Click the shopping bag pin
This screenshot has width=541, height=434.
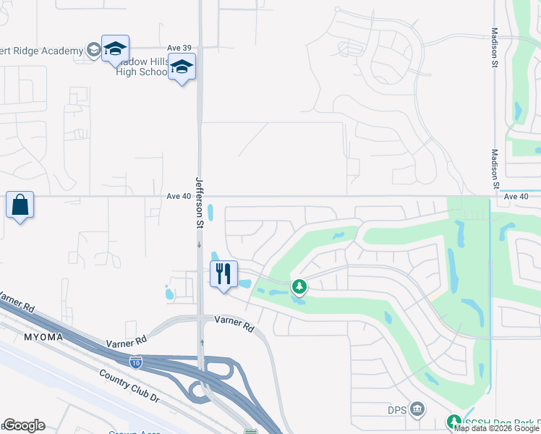pos(20,206)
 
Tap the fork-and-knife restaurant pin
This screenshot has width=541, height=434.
pos(223,274)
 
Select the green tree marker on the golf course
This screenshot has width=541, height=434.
pos(299,287)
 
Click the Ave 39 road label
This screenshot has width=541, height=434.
pos(179,48)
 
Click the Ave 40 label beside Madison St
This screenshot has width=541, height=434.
pos(516,196)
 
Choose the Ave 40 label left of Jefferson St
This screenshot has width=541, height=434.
pos(178,196)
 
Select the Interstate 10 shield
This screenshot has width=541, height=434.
pos(135,362)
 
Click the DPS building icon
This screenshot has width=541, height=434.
pos(417,410)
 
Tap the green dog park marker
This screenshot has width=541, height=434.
pos(453,422)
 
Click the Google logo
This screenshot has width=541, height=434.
pos(24,425)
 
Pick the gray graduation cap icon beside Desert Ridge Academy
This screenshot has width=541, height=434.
pos(93,50)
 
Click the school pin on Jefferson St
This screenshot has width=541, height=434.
pos(182,68)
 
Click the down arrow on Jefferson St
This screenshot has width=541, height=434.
pos(200,245)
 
